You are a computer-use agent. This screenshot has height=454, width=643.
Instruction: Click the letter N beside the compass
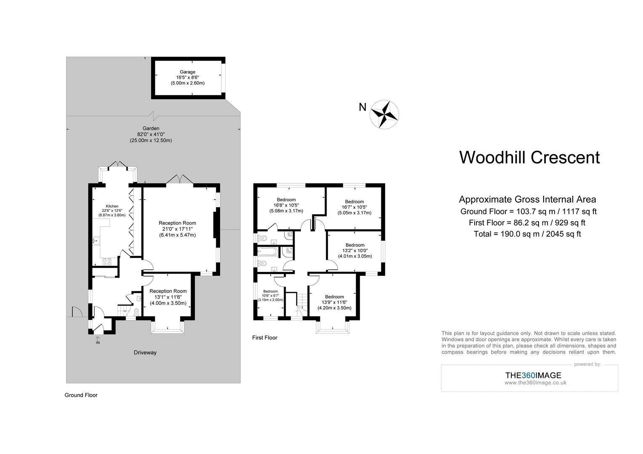[x=362, y=108]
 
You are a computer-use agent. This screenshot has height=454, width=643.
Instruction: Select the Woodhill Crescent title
[x=529, y=158]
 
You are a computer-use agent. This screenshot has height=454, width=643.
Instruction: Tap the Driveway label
[x=145, y=353]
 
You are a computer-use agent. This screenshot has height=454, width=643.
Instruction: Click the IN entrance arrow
[x=98, y=338]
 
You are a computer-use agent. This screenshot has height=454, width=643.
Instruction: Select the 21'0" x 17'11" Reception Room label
[x=177, y=229]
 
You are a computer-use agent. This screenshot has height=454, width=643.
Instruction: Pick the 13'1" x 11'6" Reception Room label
[x=168, y=297]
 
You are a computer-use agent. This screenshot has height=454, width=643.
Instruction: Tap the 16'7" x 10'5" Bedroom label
[x=354, y=207]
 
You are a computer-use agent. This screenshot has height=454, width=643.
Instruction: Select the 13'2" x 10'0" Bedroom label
[x=355, y=251]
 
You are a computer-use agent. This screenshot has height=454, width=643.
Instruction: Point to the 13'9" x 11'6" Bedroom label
[x=334, y=302]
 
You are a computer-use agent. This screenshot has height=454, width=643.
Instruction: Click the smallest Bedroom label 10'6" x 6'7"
[x=271, y=296]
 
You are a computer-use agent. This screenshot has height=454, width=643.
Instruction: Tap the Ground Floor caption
[x=81, y=395]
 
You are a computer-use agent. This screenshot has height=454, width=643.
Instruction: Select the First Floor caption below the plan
[x=264, y=338]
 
